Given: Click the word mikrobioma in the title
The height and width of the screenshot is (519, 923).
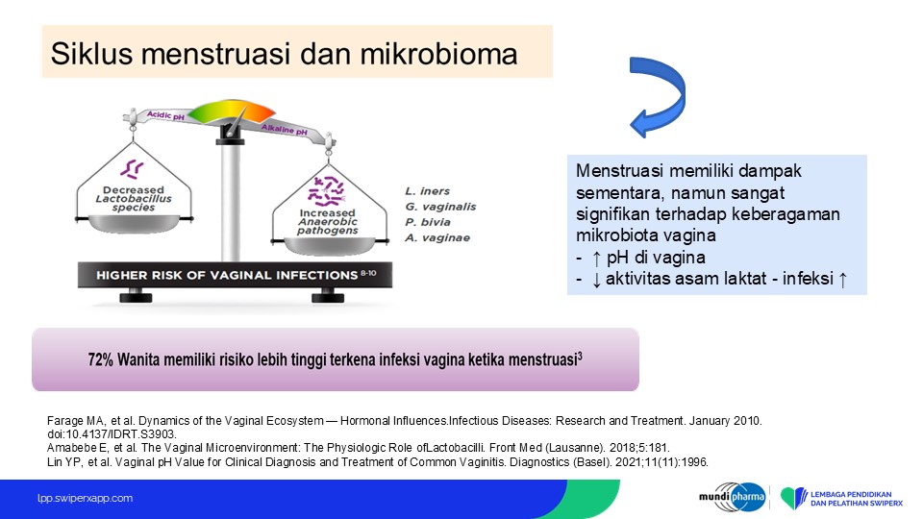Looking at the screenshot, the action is [x=438, y=54].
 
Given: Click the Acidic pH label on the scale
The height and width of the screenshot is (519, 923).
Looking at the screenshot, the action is [x=165, y=115].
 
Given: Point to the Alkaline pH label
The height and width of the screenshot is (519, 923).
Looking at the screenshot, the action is [x=285, y=129].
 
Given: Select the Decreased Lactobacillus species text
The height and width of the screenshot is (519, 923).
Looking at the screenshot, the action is [x=134, y=198].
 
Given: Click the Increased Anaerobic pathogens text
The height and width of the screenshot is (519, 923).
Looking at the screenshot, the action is [x=327, y=221].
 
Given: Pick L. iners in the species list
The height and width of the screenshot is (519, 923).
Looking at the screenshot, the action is [x=427, y=190].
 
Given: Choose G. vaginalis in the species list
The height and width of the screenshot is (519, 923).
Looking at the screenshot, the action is [x=440, y=207].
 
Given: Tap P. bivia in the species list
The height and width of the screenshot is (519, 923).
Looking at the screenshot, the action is [x=428, y=222].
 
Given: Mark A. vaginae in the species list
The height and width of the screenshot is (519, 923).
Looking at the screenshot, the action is [x=437, y=237].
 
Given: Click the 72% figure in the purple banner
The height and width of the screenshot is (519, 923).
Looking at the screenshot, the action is [x=100, y=359].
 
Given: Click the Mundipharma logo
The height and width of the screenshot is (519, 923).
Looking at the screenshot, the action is [x=733, y=498].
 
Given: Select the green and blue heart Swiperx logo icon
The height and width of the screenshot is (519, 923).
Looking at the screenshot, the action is [x=793, y=498].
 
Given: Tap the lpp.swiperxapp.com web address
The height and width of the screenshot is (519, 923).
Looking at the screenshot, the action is [x=85, y=498].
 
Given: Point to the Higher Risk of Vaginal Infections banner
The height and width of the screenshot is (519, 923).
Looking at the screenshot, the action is [x=235, y=275].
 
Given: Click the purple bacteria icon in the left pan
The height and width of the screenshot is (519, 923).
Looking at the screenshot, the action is [x=132, y=169].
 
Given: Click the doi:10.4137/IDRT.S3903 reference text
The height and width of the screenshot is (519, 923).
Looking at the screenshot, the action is [x=112, y=434].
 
